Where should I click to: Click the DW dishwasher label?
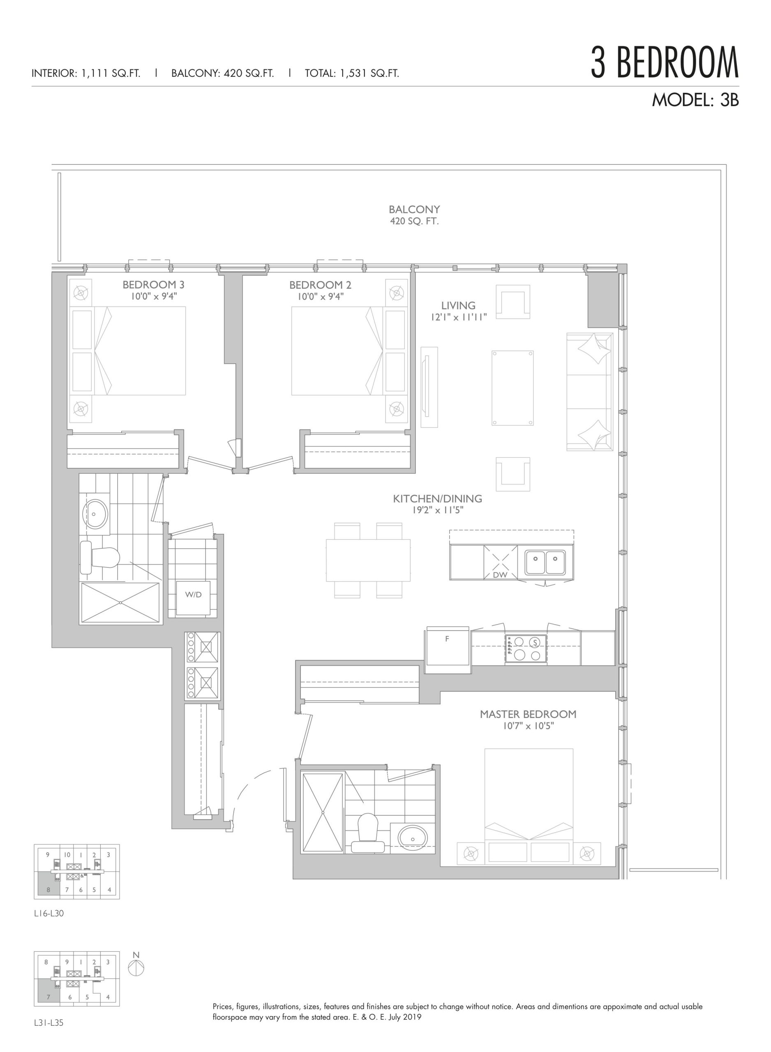pos(500,575)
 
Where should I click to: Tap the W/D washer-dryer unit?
pos(193,598)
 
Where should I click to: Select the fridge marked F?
pos(447,649)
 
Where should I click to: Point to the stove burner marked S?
pos(536,642)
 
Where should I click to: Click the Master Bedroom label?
pos(528,714)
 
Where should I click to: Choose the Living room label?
pos(458,306)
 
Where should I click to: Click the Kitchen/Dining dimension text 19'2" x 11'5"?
pos(437,510)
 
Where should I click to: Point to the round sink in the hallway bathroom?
pos(95,514)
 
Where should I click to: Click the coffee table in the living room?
pos(512,388)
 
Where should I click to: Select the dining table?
pos(368,560)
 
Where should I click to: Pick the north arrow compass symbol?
pos(136,966)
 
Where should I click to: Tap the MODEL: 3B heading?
pos(695,100)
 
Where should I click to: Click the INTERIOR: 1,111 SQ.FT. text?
pos(86,73)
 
